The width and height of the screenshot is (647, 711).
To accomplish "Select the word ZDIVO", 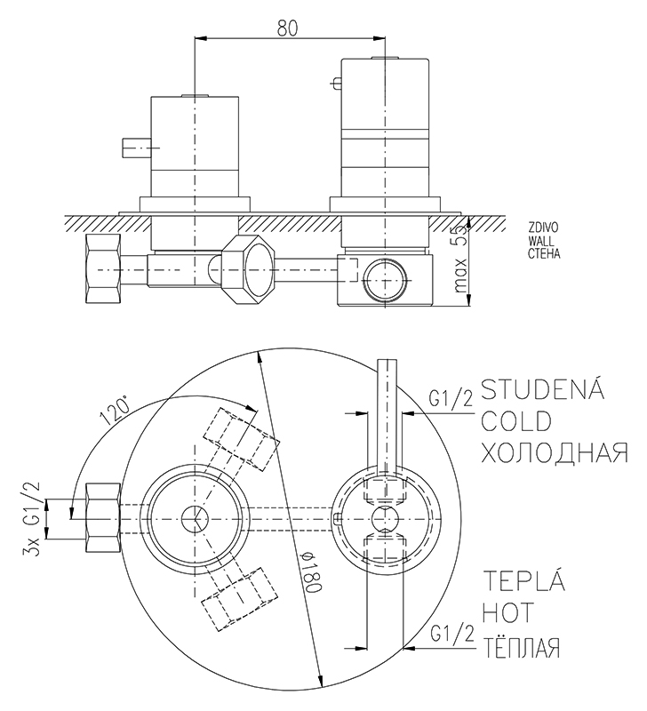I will (542, 228).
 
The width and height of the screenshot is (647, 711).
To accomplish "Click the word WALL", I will (540, 240).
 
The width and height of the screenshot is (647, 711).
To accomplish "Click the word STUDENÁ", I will (542, 390).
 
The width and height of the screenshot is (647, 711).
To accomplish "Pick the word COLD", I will (516, 420).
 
